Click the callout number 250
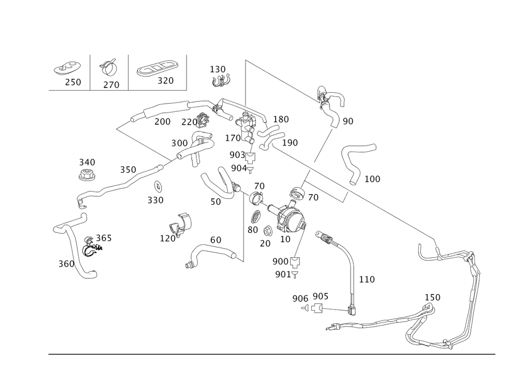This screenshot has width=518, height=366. point(73,82)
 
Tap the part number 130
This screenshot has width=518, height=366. point(218,69)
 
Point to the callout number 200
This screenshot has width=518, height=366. point(162,121)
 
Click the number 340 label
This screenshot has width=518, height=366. point(87,163)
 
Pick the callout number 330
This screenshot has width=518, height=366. point(155,200)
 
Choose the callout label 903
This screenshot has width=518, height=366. point(238,155)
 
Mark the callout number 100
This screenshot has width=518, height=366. point(372,179)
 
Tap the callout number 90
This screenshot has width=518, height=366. point(348,121)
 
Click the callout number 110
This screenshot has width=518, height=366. point(367,280)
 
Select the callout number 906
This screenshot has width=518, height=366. point(300,298)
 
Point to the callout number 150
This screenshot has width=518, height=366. point(433,298)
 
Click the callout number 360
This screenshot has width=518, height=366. point(66,264)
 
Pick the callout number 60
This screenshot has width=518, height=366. point(215,240)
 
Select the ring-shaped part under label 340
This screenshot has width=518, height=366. point(87,175)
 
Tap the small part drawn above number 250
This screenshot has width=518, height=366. point(67,69)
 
